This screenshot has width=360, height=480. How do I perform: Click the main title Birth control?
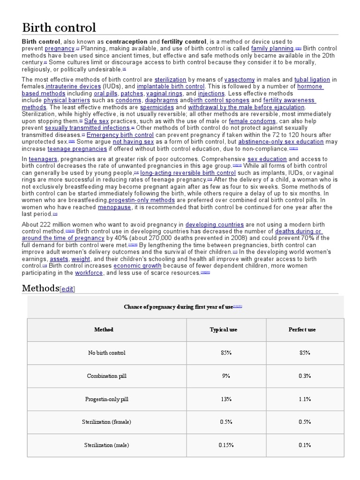tap(59, 27)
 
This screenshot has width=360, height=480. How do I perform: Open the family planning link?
tap(272, 48)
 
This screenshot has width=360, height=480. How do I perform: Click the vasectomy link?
tap(240, 80)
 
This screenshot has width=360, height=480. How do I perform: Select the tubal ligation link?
tap(313, 80)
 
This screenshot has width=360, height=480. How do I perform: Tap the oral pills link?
tap(105, 93)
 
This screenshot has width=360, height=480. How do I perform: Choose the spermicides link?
tap(157, 107)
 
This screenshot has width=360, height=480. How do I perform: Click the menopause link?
tap(115, 207)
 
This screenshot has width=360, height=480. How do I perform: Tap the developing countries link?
tap(215, 225)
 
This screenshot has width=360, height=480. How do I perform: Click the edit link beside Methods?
tap(67, 289)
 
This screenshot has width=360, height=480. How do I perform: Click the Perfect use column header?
tap(302, 330)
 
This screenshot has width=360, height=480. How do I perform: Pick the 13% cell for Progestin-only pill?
tap(226, 399)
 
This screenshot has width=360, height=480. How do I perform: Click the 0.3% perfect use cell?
tap(305, 376)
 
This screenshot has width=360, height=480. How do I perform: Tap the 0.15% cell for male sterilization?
tap(226, 445)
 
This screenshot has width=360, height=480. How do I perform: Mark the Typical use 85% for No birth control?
tap(226, 352)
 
